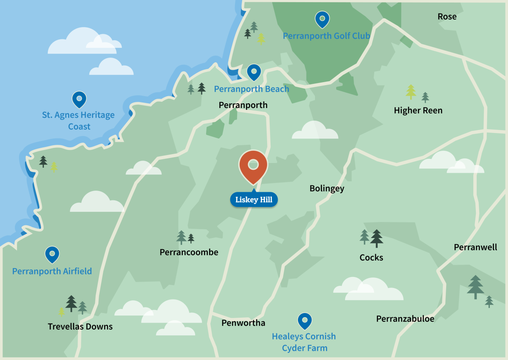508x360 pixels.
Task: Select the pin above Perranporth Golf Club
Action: (322, 19)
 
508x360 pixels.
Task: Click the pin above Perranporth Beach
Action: (254, 72)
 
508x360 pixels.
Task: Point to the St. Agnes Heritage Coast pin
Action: (79, 100)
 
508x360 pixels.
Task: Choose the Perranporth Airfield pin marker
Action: (52, 255)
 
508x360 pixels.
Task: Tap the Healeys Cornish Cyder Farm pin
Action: (304, 321)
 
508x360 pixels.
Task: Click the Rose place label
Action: (447, 17)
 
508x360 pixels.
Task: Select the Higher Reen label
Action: (418, 111)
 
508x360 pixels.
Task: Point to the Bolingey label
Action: (327, 188)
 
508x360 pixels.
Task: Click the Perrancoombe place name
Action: (189, 252)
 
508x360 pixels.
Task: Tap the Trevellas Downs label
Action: (80, 327)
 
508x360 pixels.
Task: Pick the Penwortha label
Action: (243, 323)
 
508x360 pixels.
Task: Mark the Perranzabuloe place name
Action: (405, 319)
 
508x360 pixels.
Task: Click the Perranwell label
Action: (475, 247)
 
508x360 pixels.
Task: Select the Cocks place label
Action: (371, 258)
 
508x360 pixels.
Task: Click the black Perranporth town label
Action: (243, 105)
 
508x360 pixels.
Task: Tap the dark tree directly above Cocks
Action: (376, 238)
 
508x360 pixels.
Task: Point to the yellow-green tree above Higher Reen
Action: (411, 91)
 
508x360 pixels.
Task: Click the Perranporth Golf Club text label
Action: (326, 36)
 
